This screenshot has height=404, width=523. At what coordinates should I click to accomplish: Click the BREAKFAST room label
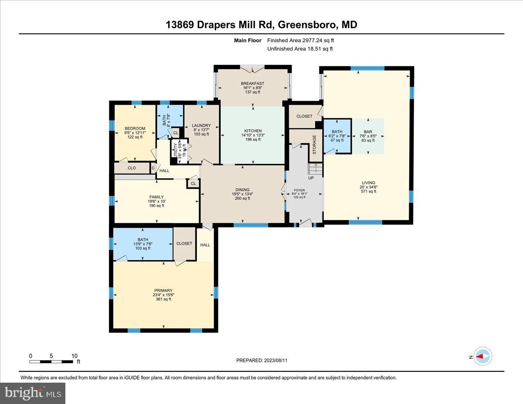pos(253,83)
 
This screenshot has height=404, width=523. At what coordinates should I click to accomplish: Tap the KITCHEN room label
pos(253,131)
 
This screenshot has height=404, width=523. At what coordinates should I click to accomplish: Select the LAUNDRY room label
pos(201,126)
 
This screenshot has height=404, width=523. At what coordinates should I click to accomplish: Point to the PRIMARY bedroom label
pos(163,291)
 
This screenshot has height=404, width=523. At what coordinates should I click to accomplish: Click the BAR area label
pos(368,132)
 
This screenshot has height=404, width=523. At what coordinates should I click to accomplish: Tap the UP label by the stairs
pos(311,178)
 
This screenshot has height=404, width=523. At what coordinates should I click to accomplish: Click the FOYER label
pos(299,190)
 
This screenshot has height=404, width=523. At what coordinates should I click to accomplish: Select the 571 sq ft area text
pos(368,191)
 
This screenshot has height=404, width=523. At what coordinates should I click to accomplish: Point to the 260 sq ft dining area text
pos(242,198)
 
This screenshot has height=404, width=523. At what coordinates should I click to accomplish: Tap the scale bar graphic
pos(51,361)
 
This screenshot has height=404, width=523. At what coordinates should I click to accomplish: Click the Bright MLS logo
pos(33,393)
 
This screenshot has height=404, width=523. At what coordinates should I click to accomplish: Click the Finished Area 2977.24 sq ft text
pos(300,41)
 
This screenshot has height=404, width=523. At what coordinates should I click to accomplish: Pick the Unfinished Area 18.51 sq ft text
pos(300,49)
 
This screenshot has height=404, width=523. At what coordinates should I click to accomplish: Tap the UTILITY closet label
pos(176,150)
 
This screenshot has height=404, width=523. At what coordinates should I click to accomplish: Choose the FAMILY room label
pos(156,197)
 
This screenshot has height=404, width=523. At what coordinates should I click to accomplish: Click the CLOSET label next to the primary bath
pos(184,243)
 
